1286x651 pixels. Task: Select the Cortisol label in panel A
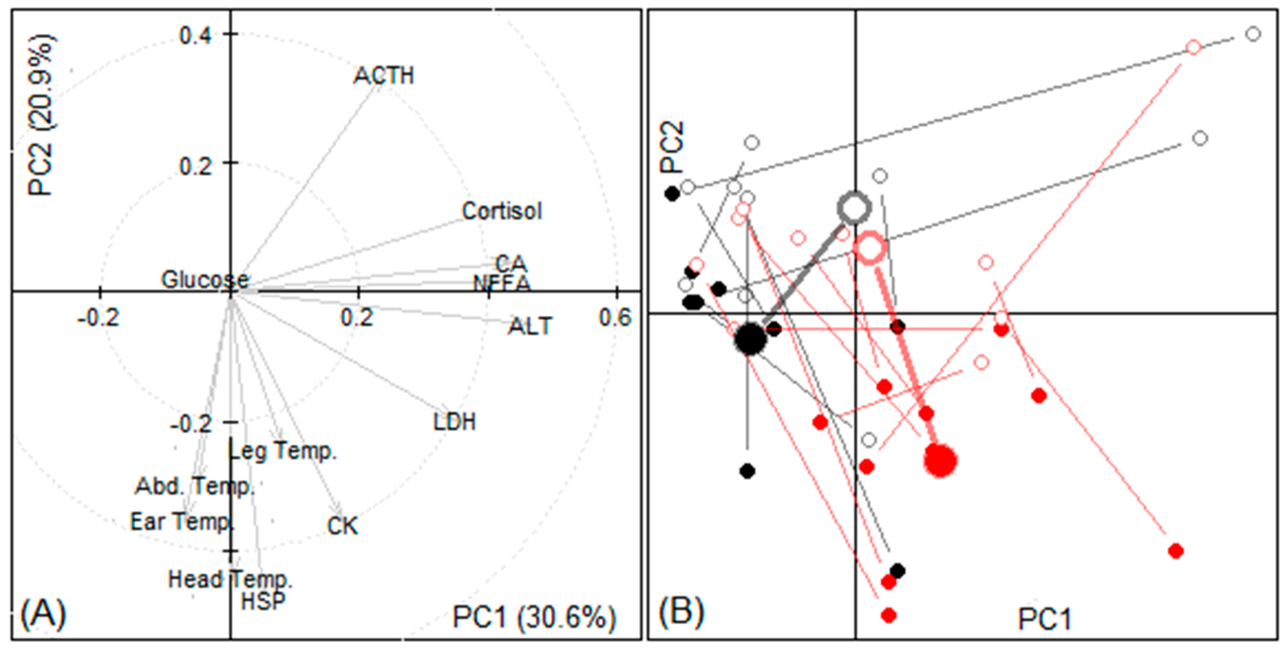click(501, 211)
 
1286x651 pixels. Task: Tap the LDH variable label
click(454, 422)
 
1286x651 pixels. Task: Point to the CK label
click(342, 526)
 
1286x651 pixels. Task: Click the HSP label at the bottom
click(263, 600)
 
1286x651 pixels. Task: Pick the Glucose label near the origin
click(205, 280)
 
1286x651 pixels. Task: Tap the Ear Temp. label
click(182, 522)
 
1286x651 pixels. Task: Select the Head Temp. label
click(230, 580)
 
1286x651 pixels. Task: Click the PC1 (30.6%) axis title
click(534, 617)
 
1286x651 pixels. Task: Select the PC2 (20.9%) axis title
click(42, 115)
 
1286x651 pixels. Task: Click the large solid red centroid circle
click(940, 460)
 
